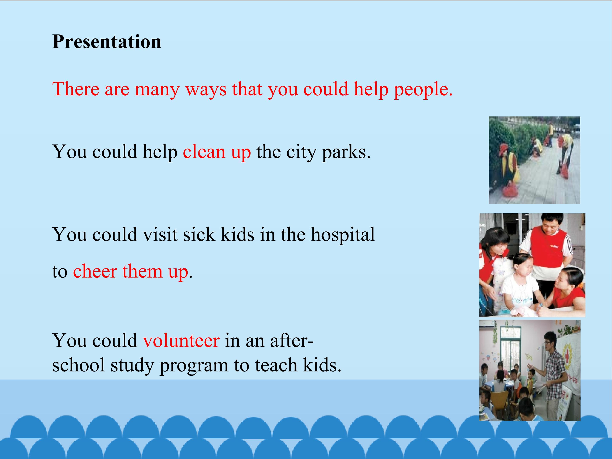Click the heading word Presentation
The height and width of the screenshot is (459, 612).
[x=107, y=42]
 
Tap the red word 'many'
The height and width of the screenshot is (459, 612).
[x=157, y=90]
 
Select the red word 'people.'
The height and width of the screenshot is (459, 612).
[x=423, y=90]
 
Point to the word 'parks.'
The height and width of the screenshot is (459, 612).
[x=346, y=152]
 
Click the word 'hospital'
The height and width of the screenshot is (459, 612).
[x=343, y=235]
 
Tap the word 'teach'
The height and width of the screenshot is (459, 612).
[x=276, y=365]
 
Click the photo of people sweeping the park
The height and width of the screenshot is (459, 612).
[x=534, y=160]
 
